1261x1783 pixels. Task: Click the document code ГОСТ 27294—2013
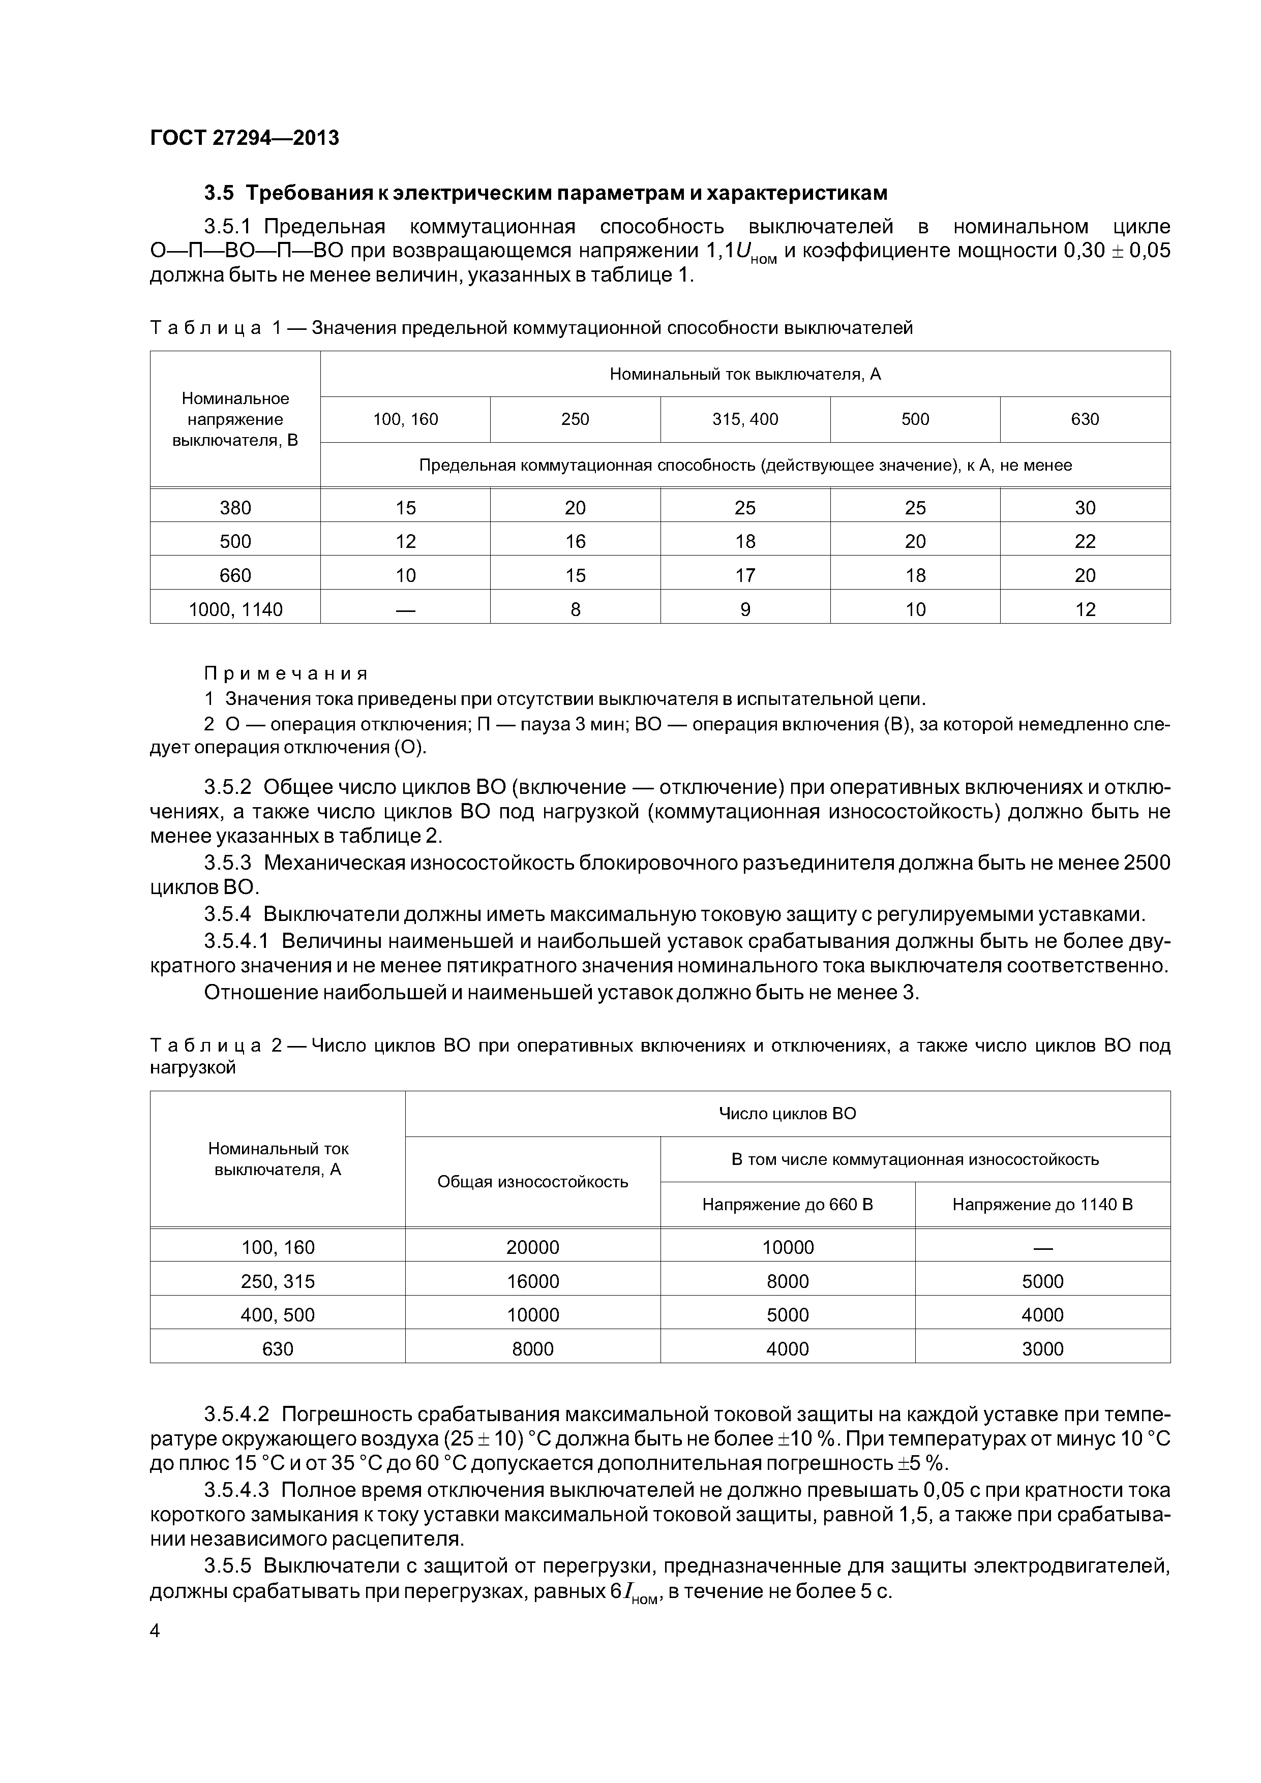pyautogui.click(x=244, y=138)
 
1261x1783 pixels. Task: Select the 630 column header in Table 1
pyautogui.click(x=1085, y=419)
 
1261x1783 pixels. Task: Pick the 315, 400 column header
pyautogui.click(x=744, y=419)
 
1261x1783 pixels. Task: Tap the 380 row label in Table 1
pyautogui.click(x=235, y=508)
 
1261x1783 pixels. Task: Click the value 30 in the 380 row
pyautogui.click(x=1085, y=508)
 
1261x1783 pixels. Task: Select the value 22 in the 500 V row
pyautogui.click(x=1085, y=541)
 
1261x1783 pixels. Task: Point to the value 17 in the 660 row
pyautogui.click(x=744, y=575)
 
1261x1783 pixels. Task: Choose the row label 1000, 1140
pyautogui.click(x=235, y=609)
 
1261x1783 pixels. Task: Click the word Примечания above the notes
pyautogui.click(x=285, y=673)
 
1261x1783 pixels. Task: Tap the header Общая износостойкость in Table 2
pyautogui.click(x=532, y=1181)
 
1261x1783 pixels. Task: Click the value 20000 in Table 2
pyautogui.click(x=532, y=1247)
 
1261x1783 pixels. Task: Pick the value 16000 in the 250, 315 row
pyautogui.click(x=532, y=1281)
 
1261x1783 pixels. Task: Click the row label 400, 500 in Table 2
pyautogui.click(x=278, y=1315)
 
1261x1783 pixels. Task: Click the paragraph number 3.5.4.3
pyautogui.click(x=236, y=1490)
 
